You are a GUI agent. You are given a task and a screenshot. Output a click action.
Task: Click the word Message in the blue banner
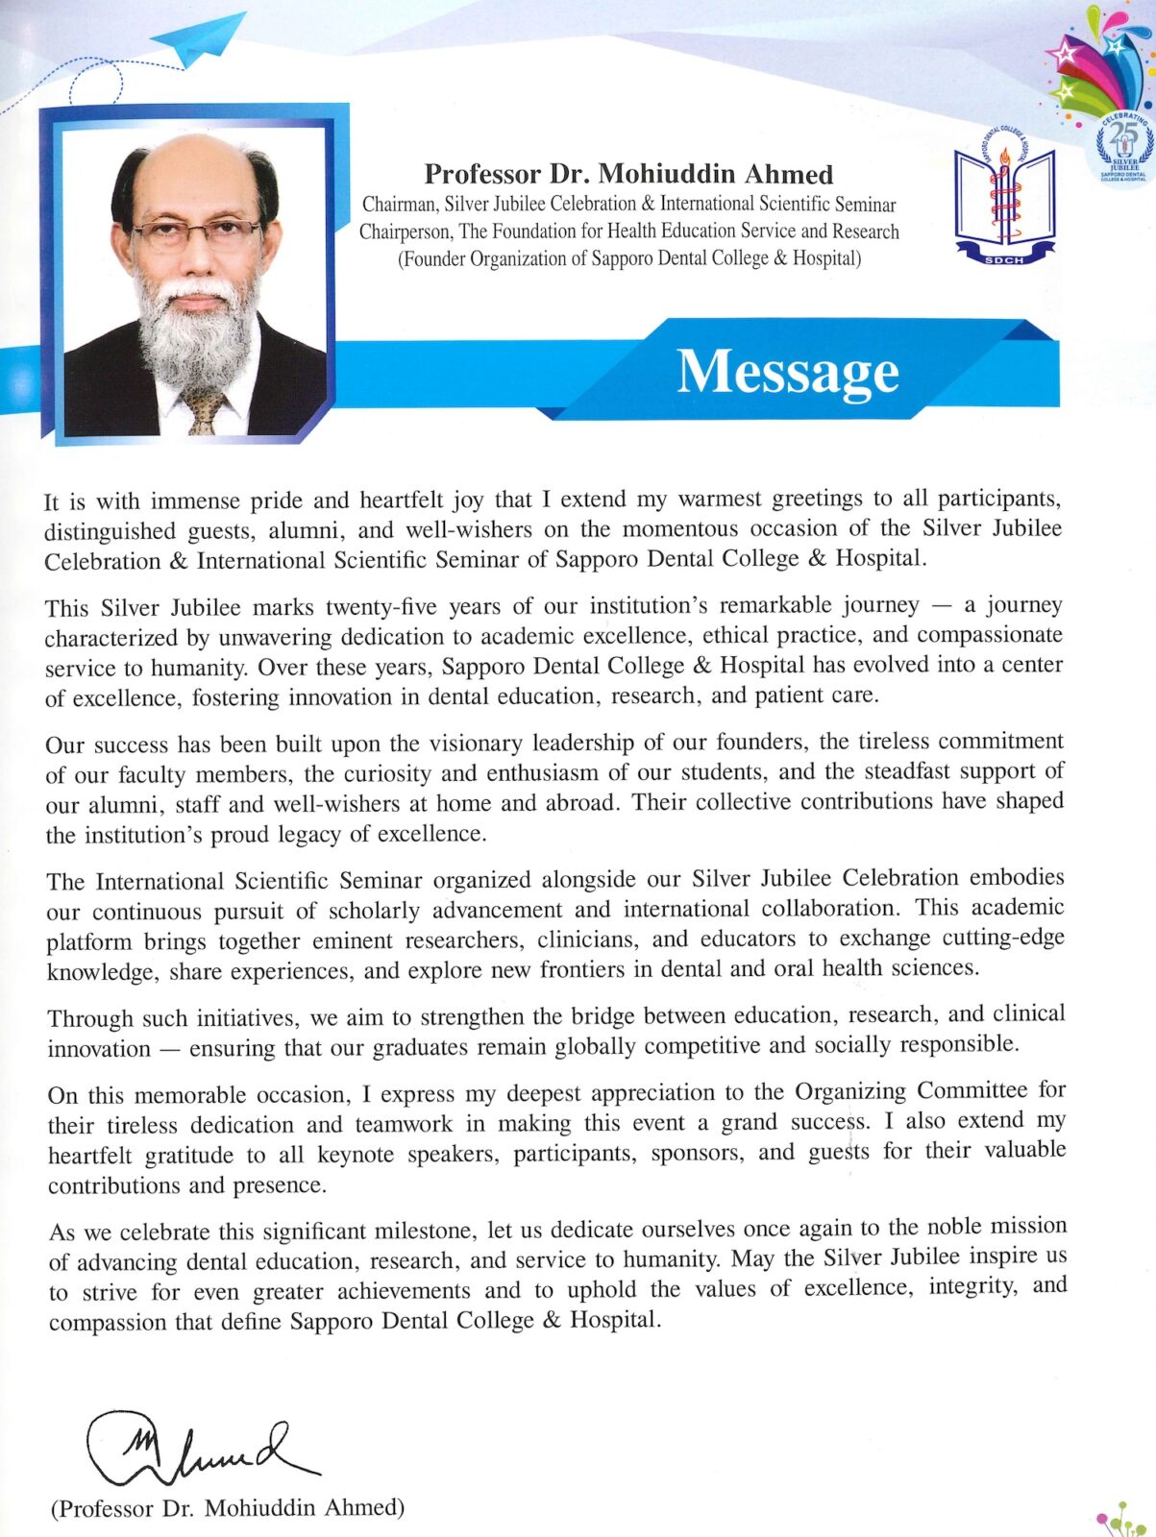click(x=787, y=372)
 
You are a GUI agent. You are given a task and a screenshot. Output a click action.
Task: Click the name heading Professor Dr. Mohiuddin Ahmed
click(x=628, y=174)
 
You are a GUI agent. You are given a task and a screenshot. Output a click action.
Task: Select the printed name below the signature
click(x=228, y=1507)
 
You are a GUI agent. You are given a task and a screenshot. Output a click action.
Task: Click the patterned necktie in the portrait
click(x=205, y=409)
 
